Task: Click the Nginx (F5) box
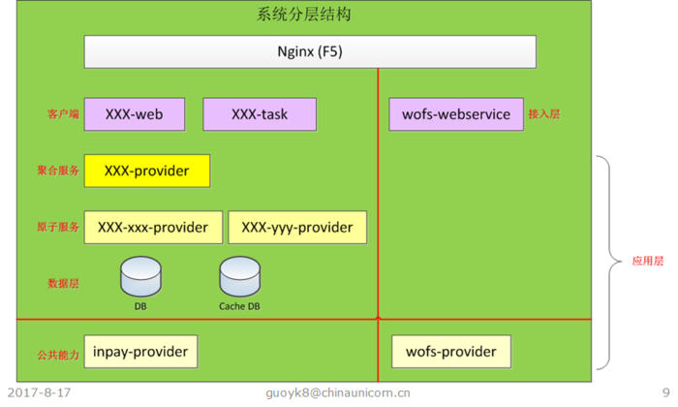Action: coord(310,51)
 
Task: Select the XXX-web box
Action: coord(135,114)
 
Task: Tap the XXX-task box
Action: coord(260,114)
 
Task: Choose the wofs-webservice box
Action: coord(455,114)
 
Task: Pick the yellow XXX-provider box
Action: coord(147,171)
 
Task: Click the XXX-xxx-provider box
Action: coord(153,228)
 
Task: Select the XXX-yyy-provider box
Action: coord(297,228)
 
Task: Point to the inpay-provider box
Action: coord(141,351)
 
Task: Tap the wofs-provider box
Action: coord(450,351)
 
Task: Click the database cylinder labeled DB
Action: coord(140,277)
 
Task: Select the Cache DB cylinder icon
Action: coord(239,277)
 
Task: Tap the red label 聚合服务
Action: coord(56,171)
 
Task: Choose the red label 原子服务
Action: coord(56,228)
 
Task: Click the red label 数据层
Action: coord(62,284)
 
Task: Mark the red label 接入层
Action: coord(544,114)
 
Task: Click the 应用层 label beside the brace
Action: coord(648,261)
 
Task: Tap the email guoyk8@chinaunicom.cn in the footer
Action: coord(338,393)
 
